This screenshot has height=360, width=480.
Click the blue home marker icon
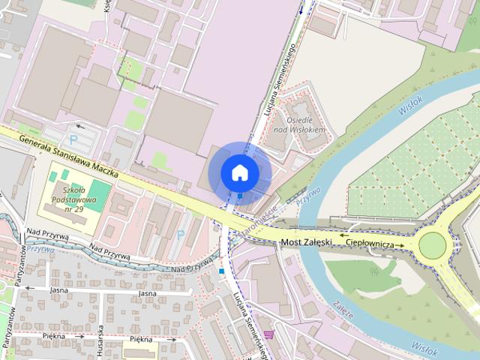pyautogui.click(x=240, y=172)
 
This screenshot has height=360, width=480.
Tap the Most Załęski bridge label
pyautogui.click(x=307, y=242)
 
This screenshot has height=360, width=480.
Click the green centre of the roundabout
pyautogui.click(x=433, y=245)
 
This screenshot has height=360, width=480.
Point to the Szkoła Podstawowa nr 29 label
pyautogui.click(x=73, y=199)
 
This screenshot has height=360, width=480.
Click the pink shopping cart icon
pyautogui.click(x=268, y=334)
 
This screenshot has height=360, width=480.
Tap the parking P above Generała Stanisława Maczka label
pyautogui.click(x=73, y=139)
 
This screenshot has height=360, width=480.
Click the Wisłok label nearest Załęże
pyautogui.click(x=423, y=346)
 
